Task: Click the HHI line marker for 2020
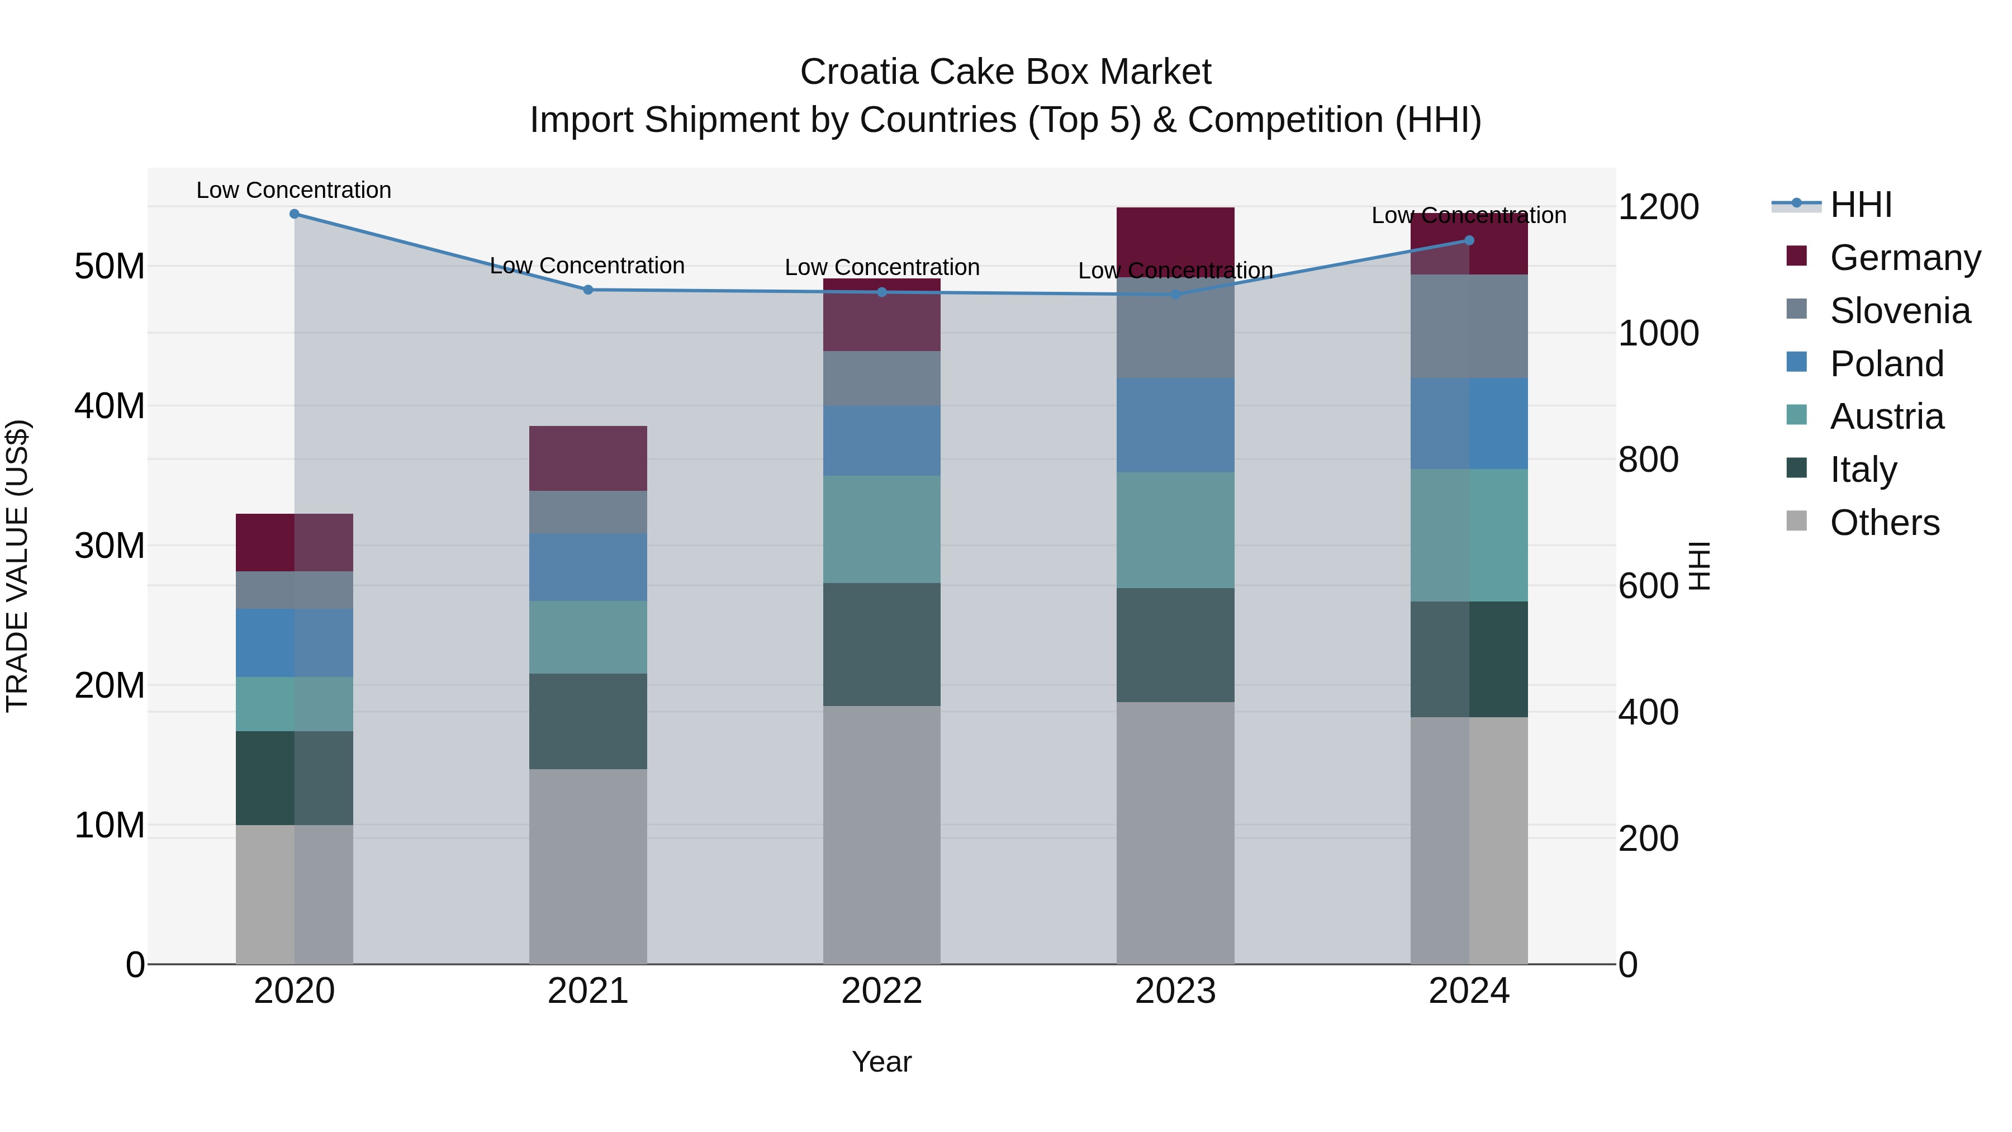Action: coord(295,214)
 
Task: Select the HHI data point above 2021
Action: coord(588,290)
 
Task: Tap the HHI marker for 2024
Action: coord(1468,240)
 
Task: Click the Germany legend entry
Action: coord(1904,258)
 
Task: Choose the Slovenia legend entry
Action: coord(1900,311)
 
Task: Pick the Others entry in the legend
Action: coord(1884,523)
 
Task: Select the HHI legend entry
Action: coord(1861,205)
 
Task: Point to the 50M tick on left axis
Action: coord(110,267)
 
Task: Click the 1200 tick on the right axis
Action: coord(1658,207)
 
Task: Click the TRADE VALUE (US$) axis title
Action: coord(17,566)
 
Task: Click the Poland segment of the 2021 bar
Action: coord(588,567)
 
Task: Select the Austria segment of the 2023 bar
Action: coord(1175,530)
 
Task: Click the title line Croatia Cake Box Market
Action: coord(1005,72)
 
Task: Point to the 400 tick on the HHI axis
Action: coord(1648,713)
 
